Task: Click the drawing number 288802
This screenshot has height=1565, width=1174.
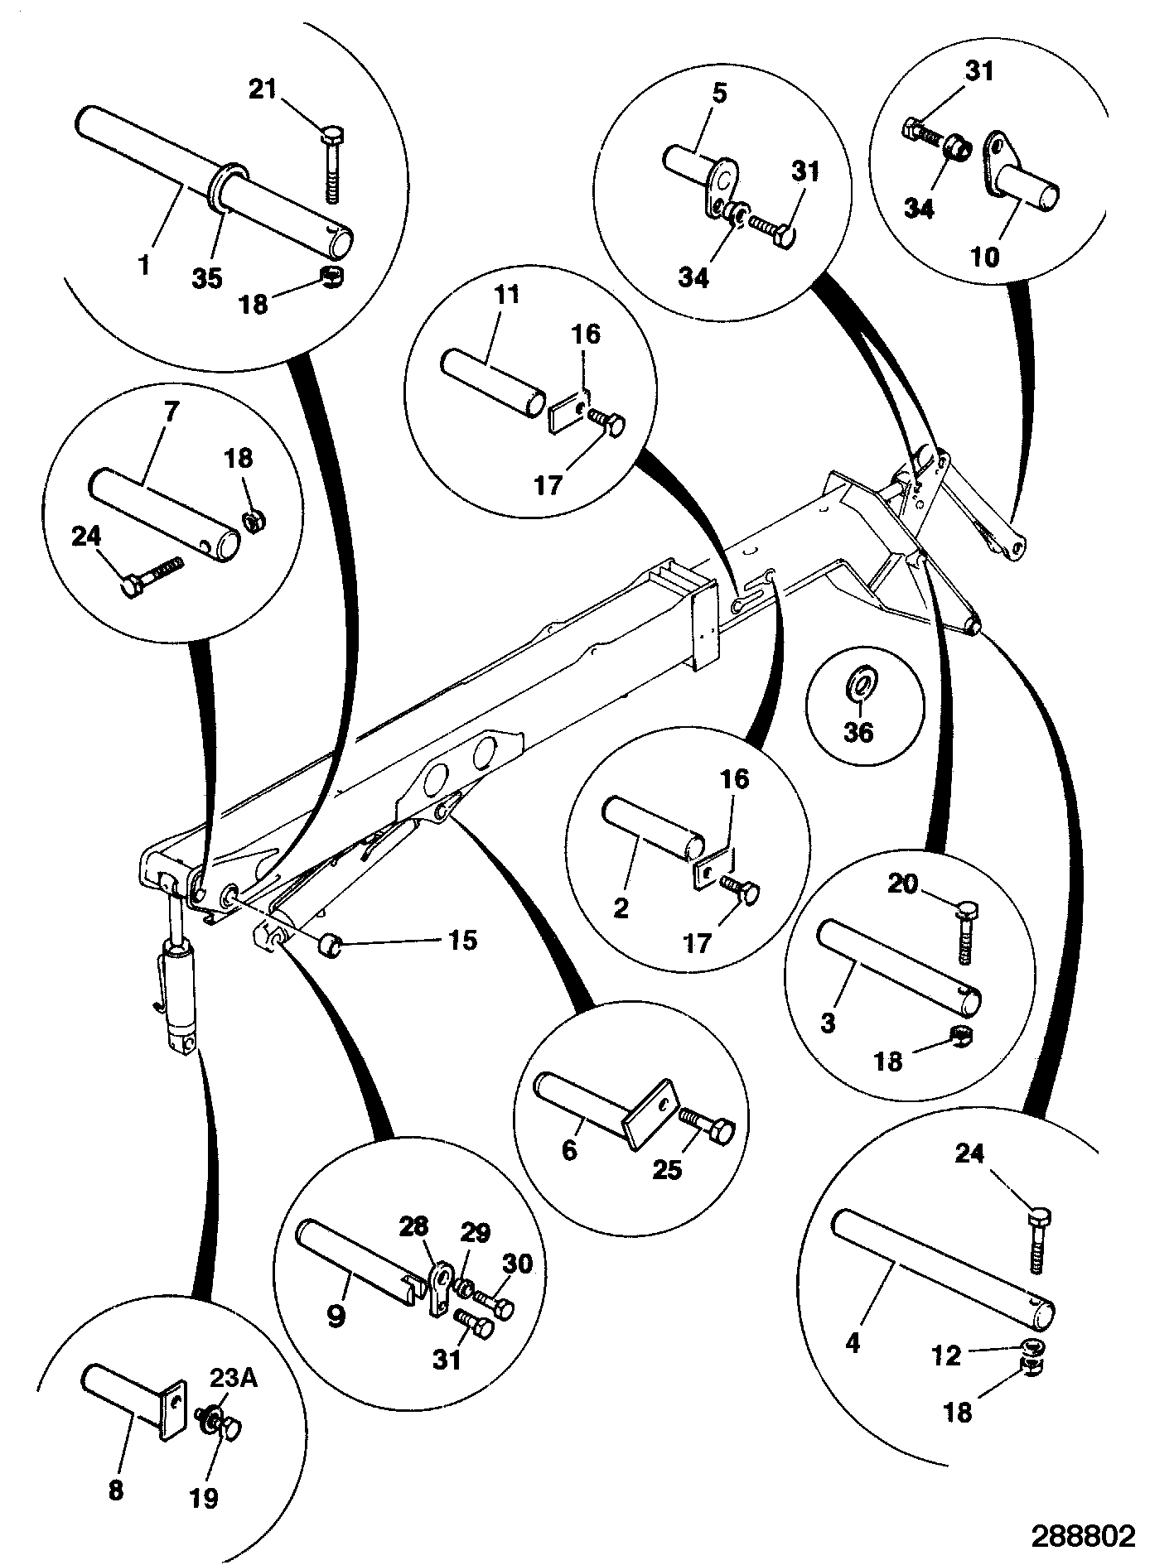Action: pyautogui.click(x=1082, y=1536)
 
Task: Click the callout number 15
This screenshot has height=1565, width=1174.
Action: pyautogui.click(x=462, y=940)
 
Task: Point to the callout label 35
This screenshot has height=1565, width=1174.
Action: pyautogui.click(x=207, y=279)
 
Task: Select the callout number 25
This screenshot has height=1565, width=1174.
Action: pyautogui.click(x=668, y=1169)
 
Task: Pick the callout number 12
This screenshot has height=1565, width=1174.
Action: pyautogui.click(x=947, y=1356)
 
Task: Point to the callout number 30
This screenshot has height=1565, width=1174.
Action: pyautogui.click(x=519, y=1263)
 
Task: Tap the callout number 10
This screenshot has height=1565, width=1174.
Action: pyautogui.click(x=985, y=257)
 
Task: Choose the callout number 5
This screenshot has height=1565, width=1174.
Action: pyautogui.click(x=718, y=93)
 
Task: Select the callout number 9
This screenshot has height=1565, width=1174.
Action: pyautogui.click(x=335, y=1316)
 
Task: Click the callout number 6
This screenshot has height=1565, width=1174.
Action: pyautogui.click(x=569, y=1152)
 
